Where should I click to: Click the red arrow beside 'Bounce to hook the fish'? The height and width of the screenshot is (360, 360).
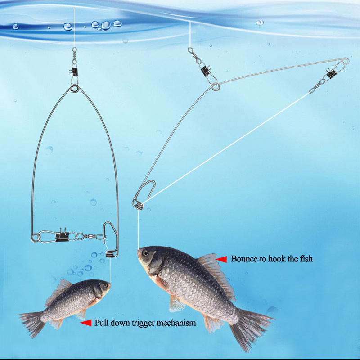point(221,259)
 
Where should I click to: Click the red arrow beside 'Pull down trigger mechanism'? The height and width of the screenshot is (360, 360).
point(85,323)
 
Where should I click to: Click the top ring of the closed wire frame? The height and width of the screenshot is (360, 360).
point(73,90)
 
